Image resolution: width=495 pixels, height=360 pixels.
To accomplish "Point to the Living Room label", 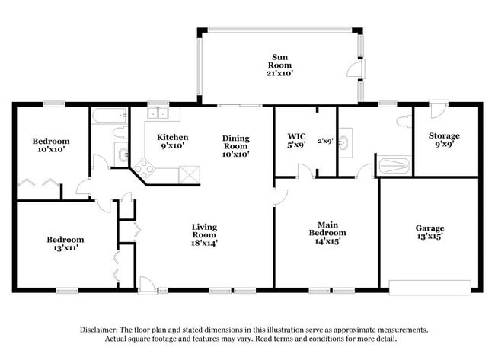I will point(204,231).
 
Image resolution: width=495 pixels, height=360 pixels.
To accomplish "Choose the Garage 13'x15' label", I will point(430,232).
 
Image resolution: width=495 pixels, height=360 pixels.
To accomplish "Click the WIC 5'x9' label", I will point(295,142).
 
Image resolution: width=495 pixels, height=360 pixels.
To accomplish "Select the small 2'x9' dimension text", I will point(325,140).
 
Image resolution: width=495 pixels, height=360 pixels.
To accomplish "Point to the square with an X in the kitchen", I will point(188,173).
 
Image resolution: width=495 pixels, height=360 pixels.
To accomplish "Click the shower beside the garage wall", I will point(393,165).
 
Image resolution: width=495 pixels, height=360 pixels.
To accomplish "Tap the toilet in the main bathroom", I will point(404,122).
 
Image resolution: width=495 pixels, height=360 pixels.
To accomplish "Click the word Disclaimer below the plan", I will point(100,330).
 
